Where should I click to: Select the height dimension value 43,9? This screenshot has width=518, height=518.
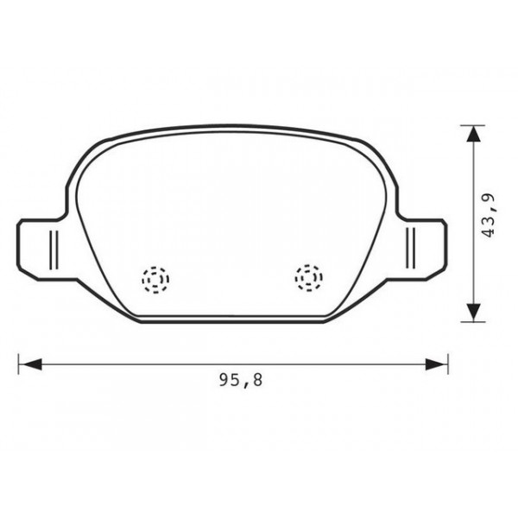[490, 215]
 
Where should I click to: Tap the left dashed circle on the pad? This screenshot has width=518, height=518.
[156, 278]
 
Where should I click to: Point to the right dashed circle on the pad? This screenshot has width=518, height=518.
[308, 277]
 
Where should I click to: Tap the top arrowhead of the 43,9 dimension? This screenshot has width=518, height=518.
[471, 134]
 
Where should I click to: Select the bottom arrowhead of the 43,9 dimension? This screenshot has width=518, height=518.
[471, 313]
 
